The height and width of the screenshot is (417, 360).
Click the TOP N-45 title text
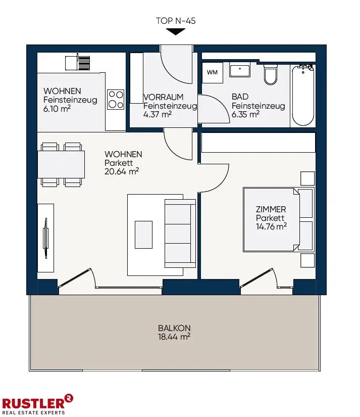click(176, 21)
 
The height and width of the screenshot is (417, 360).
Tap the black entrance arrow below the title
click(176, 32)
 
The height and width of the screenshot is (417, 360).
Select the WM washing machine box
click(212, 72)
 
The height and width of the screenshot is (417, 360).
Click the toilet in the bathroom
click(271, 74)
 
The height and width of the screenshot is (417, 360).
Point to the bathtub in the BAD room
click(303, 95)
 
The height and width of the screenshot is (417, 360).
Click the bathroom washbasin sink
click(240, 70)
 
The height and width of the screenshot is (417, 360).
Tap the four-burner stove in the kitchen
click(116, 100)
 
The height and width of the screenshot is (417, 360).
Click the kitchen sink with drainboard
click(78, 63)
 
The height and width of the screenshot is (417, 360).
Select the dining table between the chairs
click(61, 164)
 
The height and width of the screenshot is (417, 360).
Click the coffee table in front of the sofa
click(143, 235)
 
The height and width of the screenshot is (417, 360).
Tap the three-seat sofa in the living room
click(180, 233)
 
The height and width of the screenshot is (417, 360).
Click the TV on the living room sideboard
click(46, 238)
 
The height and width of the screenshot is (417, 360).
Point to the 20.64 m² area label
click(122, 171)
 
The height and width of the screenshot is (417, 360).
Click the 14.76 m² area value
click(271, 226)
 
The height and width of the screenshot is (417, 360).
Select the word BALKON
click(174, 328)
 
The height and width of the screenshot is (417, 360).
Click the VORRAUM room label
click(164, 97)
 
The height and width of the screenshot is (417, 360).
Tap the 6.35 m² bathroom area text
click(245, 114)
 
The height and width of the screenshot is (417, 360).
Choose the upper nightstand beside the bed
click(307, 178)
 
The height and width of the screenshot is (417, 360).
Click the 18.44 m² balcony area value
click(174, 337)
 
